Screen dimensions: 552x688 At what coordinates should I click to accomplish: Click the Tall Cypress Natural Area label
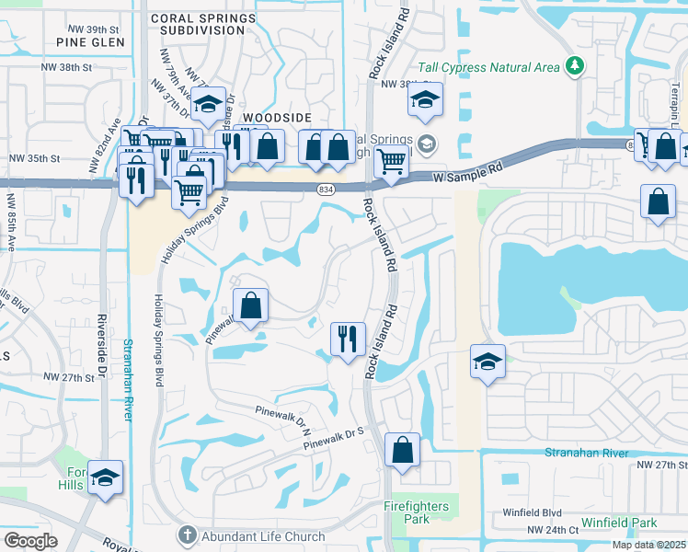[x=489, y=65]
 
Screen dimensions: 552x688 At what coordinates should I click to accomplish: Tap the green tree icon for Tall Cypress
[x=576, y=65]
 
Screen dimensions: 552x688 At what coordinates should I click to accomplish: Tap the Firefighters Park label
[x=416, y=512]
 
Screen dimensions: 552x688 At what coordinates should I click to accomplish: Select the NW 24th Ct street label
[x=553, y=530]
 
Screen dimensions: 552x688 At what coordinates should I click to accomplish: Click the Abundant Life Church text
[x=264, y=536]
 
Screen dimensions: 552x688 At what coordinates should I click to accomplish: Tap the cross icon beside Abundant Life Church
[x=188, y=535]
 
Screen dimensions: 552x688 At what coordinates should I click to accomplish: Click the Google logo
[x=30, y=540]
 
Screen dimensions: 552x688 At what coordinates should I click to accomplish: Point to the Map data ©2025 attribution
[x=647, y=545]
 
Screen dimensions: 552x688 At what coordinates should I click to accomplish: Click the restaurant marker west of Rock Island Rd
[x=347, y=339]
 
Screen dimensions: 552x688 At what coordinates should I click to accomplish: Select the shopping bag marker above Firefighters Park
[x=402, y=450]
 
